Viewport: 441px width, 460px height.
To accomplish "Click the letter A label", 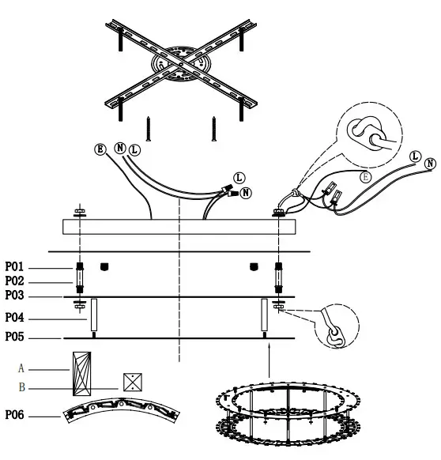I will point(21,368).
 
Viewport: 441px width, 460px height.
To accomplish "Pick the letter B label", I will point(21,387).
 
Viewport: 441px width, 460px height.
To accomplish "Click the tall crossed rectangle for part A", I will point(81,374).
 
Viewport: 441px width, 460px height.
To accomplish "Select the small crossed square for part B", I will point(131,383).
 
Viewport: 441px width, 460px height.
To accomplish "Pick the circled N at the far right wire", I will point(430,164).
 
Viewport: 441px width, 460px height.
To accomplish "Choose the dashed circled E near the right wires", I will point(365,178).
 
